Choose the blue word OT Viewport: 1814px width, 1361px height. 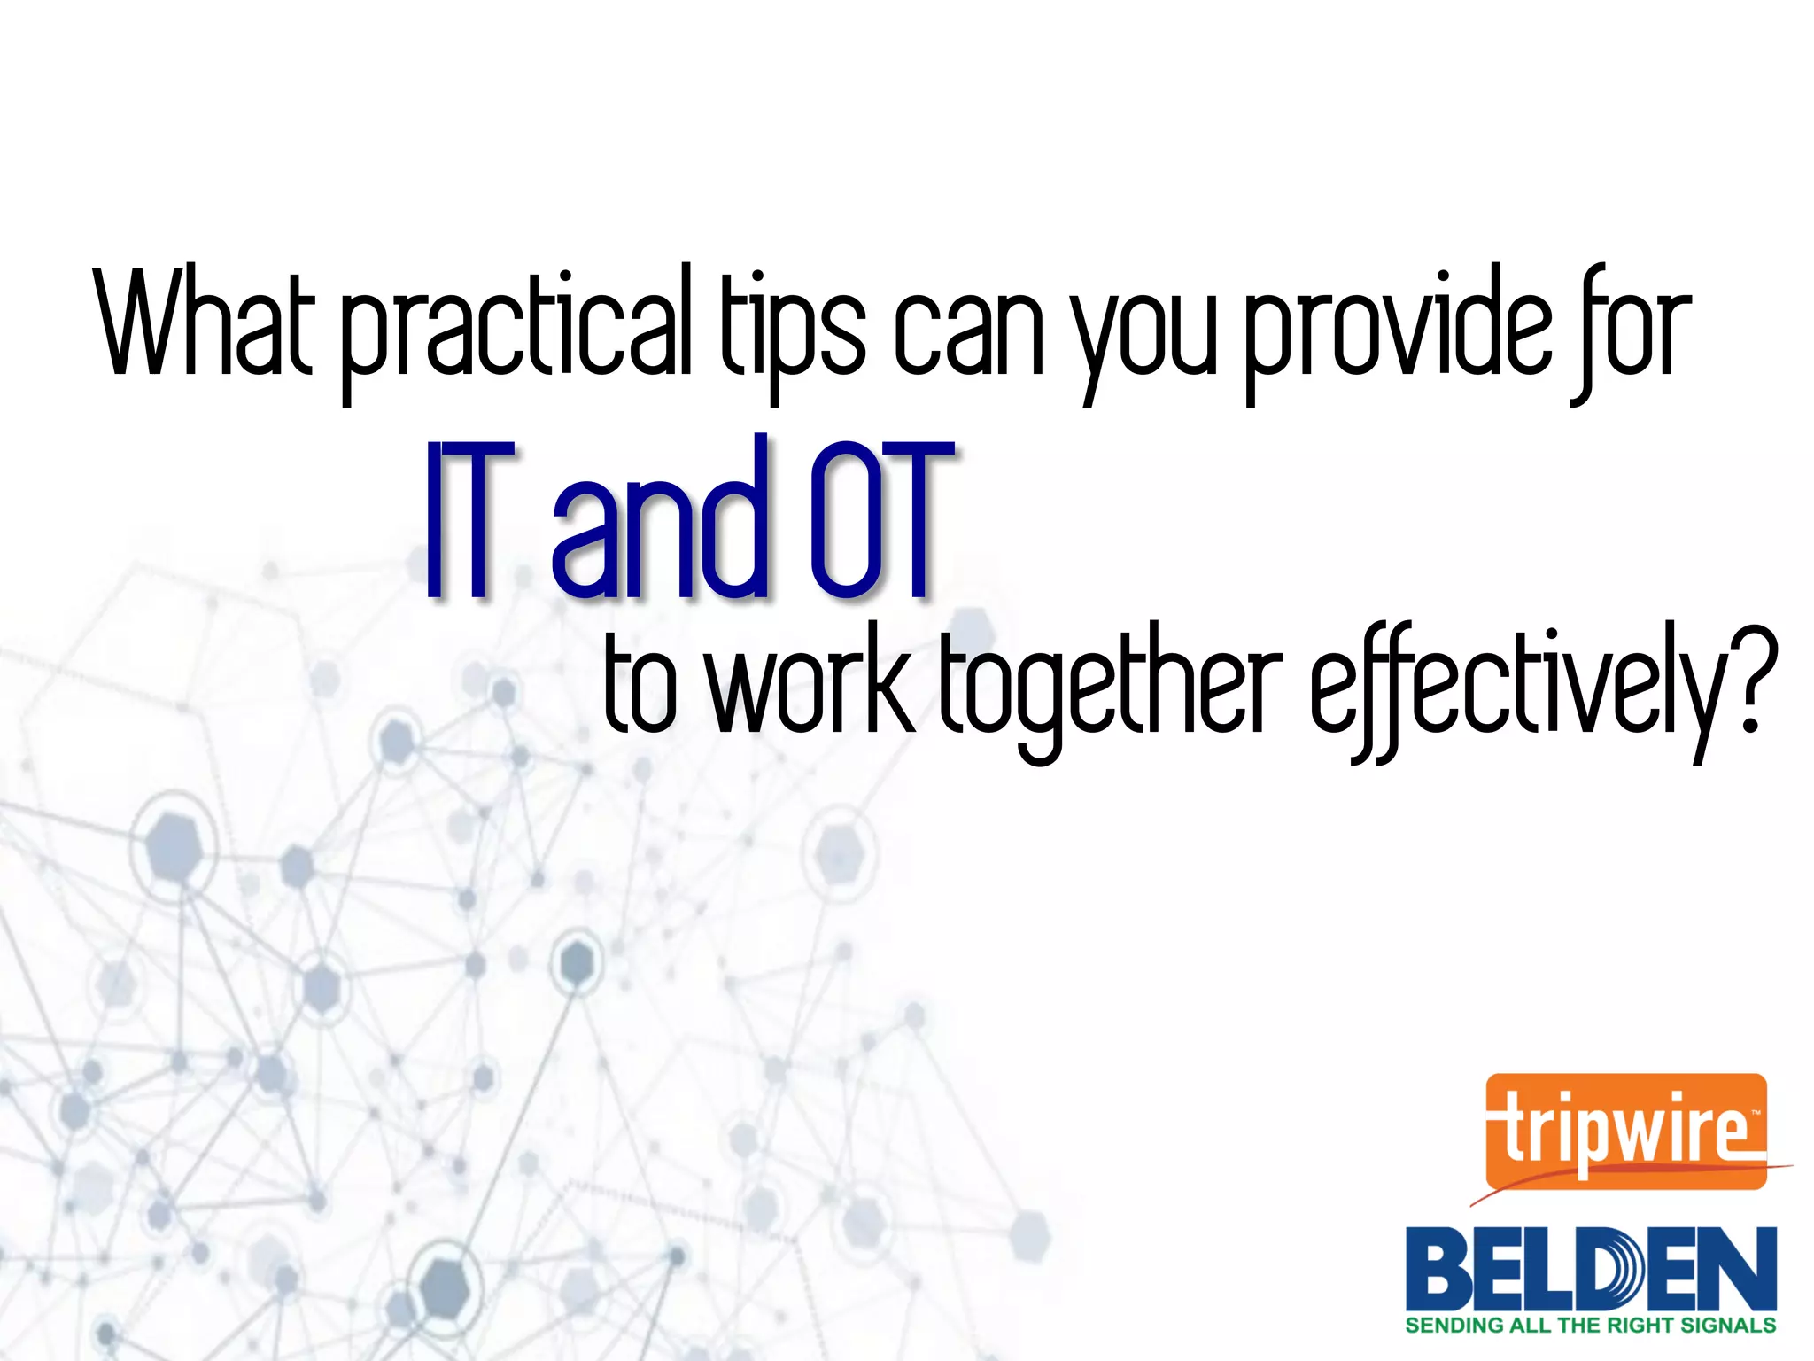click(x=880, y=518)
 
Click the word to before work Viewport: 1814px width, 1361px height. click(x=640, y=687)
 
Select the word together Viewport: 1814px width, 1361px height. click(x=1111, y=691)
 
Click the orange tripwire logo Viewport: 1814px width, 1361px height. click(x=1626, y=1132)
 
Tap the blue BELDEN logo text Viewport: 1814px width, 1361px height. click(x=1591, y=1269)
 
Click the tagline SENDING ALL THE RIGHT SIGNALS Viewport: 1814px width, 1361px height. click(x=1591, y=1326)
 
